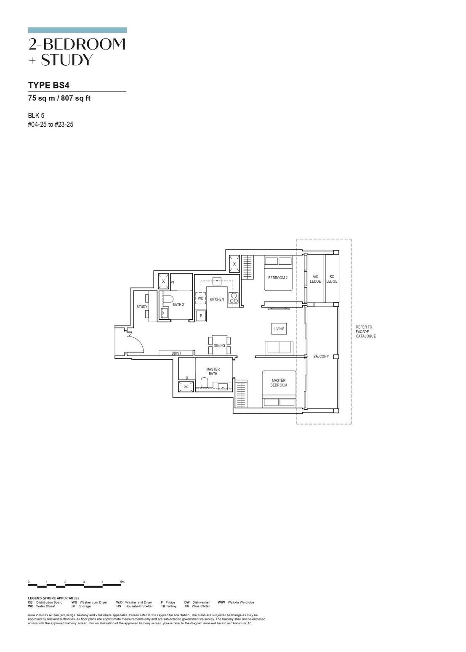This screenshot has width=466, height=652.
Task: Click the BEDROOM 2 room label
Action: click(278, 278)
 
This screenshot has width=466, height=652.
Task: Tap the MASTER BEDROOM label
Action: click(279, 383)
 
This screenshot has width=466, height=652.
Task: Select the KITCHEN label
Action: click(217, 299)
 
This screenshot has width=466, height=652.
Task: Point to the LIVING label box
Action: click(279, 329)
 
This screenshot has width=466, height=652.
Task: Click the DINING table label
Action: click(219, 346)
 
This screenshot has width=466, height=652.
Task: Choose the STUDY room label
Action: click(142, 307)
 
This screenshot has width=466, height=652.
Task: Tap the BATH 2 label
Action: click(178, 305)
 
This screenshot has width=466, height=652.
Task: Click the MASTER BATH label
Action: click(213, 371)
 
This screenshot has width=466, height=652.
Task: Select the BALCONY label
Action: click(321, 357)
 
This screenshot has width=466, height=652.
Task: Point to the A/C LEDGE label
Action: click(315, 279)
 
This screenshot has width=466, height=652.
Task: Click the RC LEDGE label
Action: click(332, 279)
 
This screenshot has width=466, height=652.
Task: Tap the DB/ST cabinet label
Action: click(176, 353)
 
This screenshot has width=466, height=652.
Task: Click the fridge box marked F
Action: click(201, 315)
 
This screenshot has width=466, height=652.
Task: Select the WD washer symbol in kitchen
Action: click(200, 299)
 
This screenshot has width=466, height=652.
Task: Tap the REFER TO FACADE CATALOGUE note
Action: click(365, 332)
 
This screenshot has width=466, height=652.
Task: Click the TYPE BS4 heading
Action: click(49, 85)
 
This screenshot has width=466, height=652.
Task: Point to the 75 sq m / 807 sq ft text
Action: click(59, 98)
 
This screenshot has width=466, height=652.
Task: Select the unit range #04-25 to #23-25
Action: click(51, 125)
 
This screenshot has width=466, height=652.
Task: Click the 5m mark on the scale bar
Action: click(122, 582)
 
